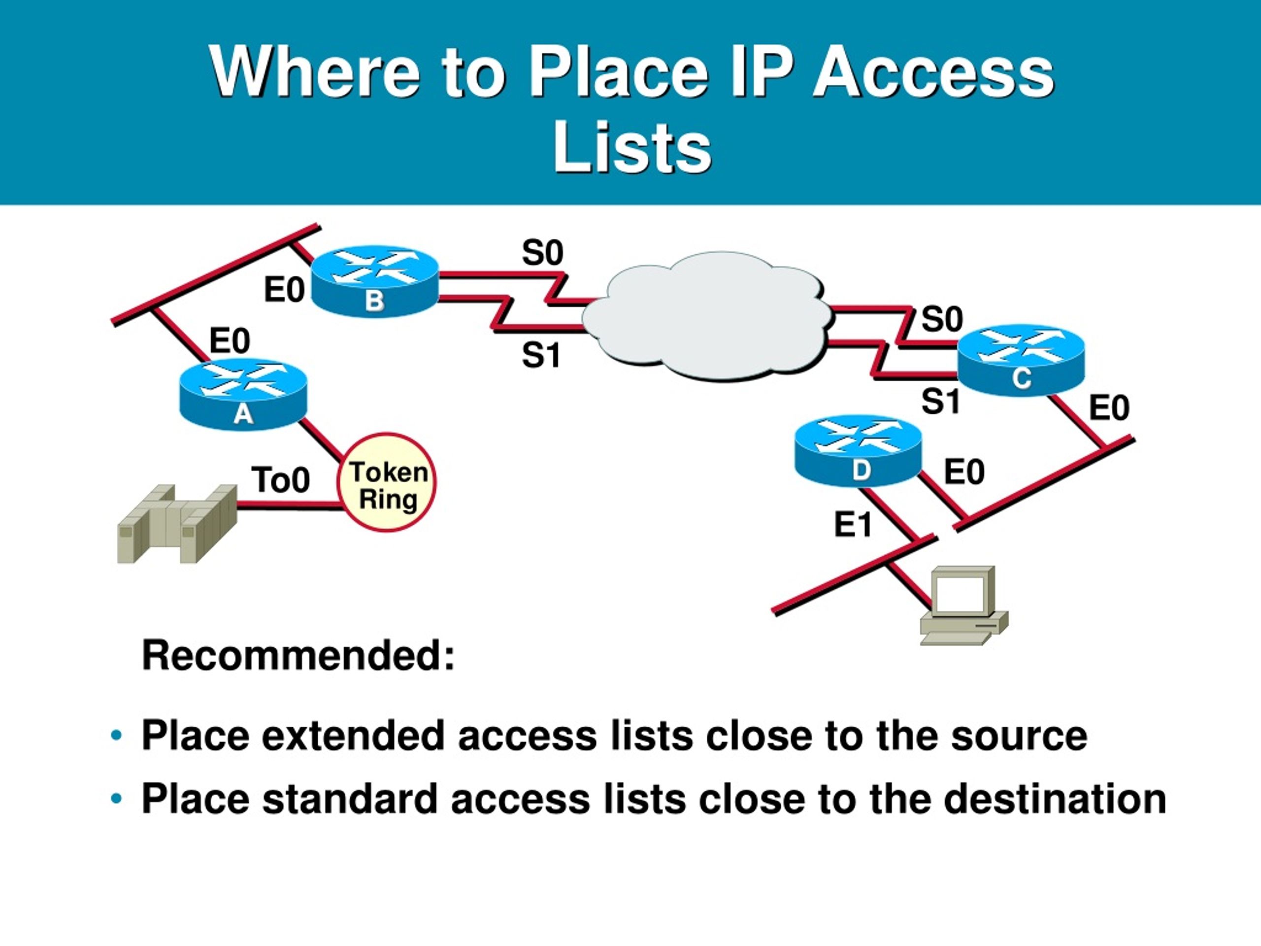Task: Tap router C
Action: (x=1021, y=359)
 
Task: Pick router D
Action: (x=858, y=450)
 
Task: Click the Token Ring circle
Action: (x=387, y=483)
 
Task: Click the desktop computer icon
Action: (x=963, y=605)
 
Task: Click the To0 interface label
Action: (x=280, y=479)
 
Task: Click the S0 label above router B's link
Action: (x=542, y=253)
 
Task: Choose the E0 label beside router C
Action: (x=1109, y=408)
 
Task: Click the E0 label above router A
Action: (x=230, y=341)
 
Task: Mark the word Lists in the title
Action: (x=631, y=147)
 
